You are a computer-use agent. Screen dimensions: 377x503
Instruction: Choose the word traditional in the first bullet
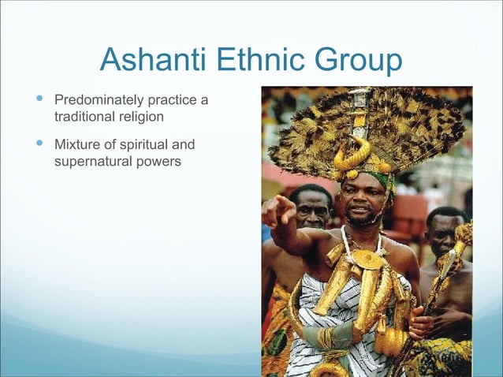click(83, 117)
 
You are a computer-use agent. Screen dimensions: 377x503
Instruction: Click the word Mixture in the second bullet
click(76, 146)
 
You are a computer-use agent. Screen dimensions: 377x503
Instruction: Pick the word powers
click(158, 162)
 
